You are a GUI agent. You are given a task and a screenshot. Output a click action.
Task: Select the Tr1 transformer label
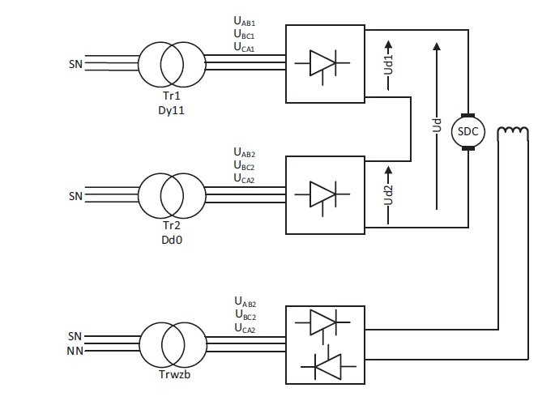171,96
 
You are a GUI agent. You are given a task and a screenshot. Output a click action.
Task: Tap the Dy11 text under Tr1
171,110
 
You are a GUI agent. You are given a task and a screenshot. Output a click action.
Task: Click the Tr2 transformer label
171,225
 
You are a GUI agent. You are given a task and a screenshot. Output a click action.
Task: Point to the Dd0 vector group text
172,240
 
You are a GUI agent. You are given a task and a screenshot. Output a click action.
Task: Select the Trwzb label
174,374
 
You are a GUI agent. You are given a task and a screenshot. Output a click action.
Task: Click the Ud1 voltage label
388,65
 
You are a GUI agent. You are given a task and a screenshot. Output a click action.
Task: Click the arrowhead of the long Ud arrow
437,46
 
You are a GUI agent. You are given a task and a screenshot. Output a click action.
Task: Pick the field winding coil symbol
513,131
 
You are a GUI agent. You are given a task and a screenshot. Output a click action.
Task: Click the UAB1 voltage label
244,21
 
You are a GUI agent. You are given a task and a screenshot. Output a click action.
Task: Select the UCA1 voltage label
244,47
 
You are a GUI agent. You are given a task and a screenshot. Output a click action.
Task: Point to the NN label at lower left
75,351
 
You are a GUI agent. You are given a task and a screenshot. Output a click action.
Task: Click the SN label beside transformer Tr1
75,64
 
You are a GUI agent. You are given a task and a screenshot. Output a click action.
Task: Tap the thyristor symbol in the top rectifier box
322,64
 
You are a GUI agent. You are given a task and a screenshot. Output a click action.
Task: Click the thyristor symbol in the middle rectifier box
322,195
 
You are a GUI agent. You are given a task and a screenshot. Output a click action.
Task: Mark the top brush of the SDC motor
468,116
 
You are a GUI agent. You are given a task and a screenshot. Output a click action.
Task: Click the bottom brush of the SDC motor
468,148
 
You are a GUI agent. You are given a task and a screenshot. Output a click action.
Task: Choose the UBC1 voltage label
244,34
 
